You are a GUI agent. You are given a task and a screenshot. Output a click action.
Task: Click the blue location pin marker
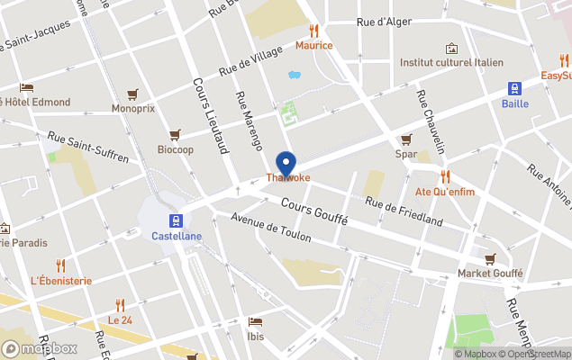click(x=287, y=164)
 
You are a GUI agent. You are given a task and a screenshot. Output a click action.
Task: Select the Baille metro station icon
click(x=514, y=88)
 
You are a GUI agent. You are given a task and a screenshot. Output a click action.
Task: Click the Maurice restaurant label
click(x=313, y=45)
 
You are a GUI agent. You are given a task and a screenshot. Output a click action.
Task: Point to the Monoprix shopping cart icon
click(x=132, y=94)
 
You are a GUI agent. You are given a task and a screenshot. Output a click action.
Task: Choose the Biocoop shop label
click(x=175, y=149)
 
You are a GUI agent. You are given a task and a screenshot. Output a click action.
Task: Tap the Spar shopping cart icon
click(x=406, y=139)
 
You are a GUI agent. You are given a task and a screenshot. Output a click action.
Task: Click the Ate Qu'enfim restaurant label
click(x=444, y=192)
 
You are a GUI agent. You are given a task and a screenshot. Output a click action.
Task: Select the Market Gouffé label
click(x=489, y=273)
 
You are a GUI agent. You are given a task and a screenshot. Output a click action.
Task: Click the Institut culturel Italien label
click(x=451, y=63)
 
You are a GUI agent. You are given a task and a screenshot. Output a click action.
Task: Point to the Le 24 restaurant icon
click(x=120, y=305)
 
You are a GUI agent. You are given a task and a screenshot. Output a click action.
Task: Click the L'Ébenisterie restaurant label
click(x=61, y=280)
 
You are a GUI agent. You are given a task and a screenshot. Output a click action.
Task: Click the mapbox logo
click(x=40, y=347)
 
